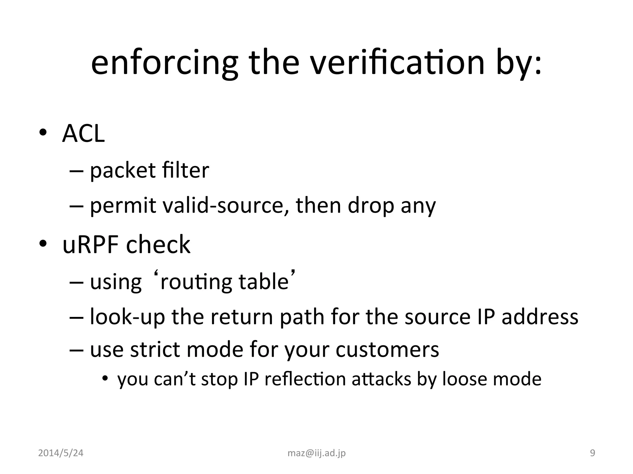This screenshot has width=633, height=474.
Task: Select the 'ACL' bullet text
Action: (x=83, y=134)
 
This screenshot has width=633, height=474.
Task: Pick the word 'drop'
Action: (x=371, y=206)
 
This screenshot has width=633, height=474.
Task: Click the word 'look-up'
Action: (x=127, y=317)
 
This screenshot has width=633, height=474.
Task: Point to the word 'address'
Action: (x=540, y=317)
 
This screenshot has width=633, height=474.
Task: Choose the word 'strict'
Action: (x=155, y=350)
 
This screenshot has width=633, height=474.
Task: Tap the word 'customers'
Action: (x=387, y=350)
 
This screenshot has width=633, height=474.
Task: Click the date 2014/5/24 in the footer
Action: (x=61, y=453)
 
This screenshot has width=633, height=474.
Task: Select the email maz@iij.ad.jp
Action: (x=316, y=453)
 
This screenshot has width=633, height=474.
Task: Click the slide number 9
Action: (x=593, y=453)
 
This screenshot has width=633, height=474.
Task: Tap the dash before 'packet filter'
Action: (x=77, y=171)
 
